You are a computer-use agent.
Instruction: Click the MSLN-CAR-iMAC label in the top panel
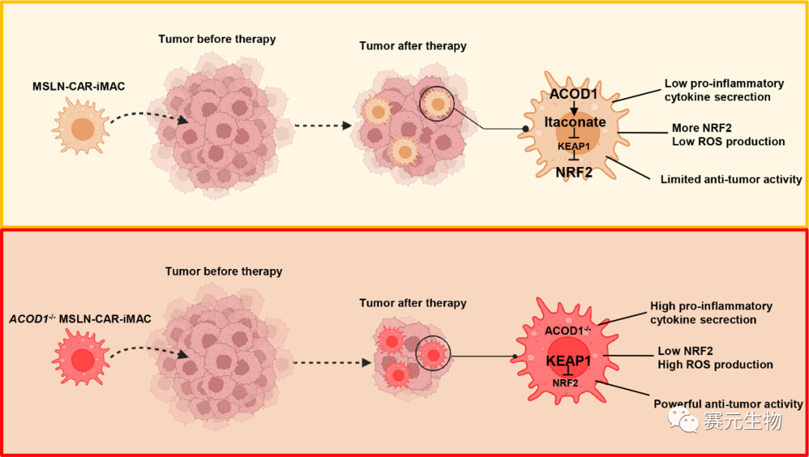78,87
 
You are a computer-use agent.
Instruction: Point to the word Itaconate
575,121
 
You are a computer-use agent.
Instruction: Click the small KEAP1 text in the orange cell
575,147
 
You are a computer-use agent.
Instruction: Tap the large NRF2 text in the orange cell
575,173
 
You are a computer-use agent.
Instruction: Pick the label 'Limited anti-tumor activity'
730,180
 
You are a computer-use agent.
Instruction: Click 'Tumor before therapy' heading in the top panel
217,39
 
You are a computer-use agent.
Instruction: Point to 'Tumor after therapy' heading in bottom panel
413,303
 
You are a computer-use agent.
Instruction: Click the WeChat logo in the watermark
685,421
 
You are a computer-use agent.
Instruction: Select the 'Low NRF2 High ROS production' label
715,357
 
